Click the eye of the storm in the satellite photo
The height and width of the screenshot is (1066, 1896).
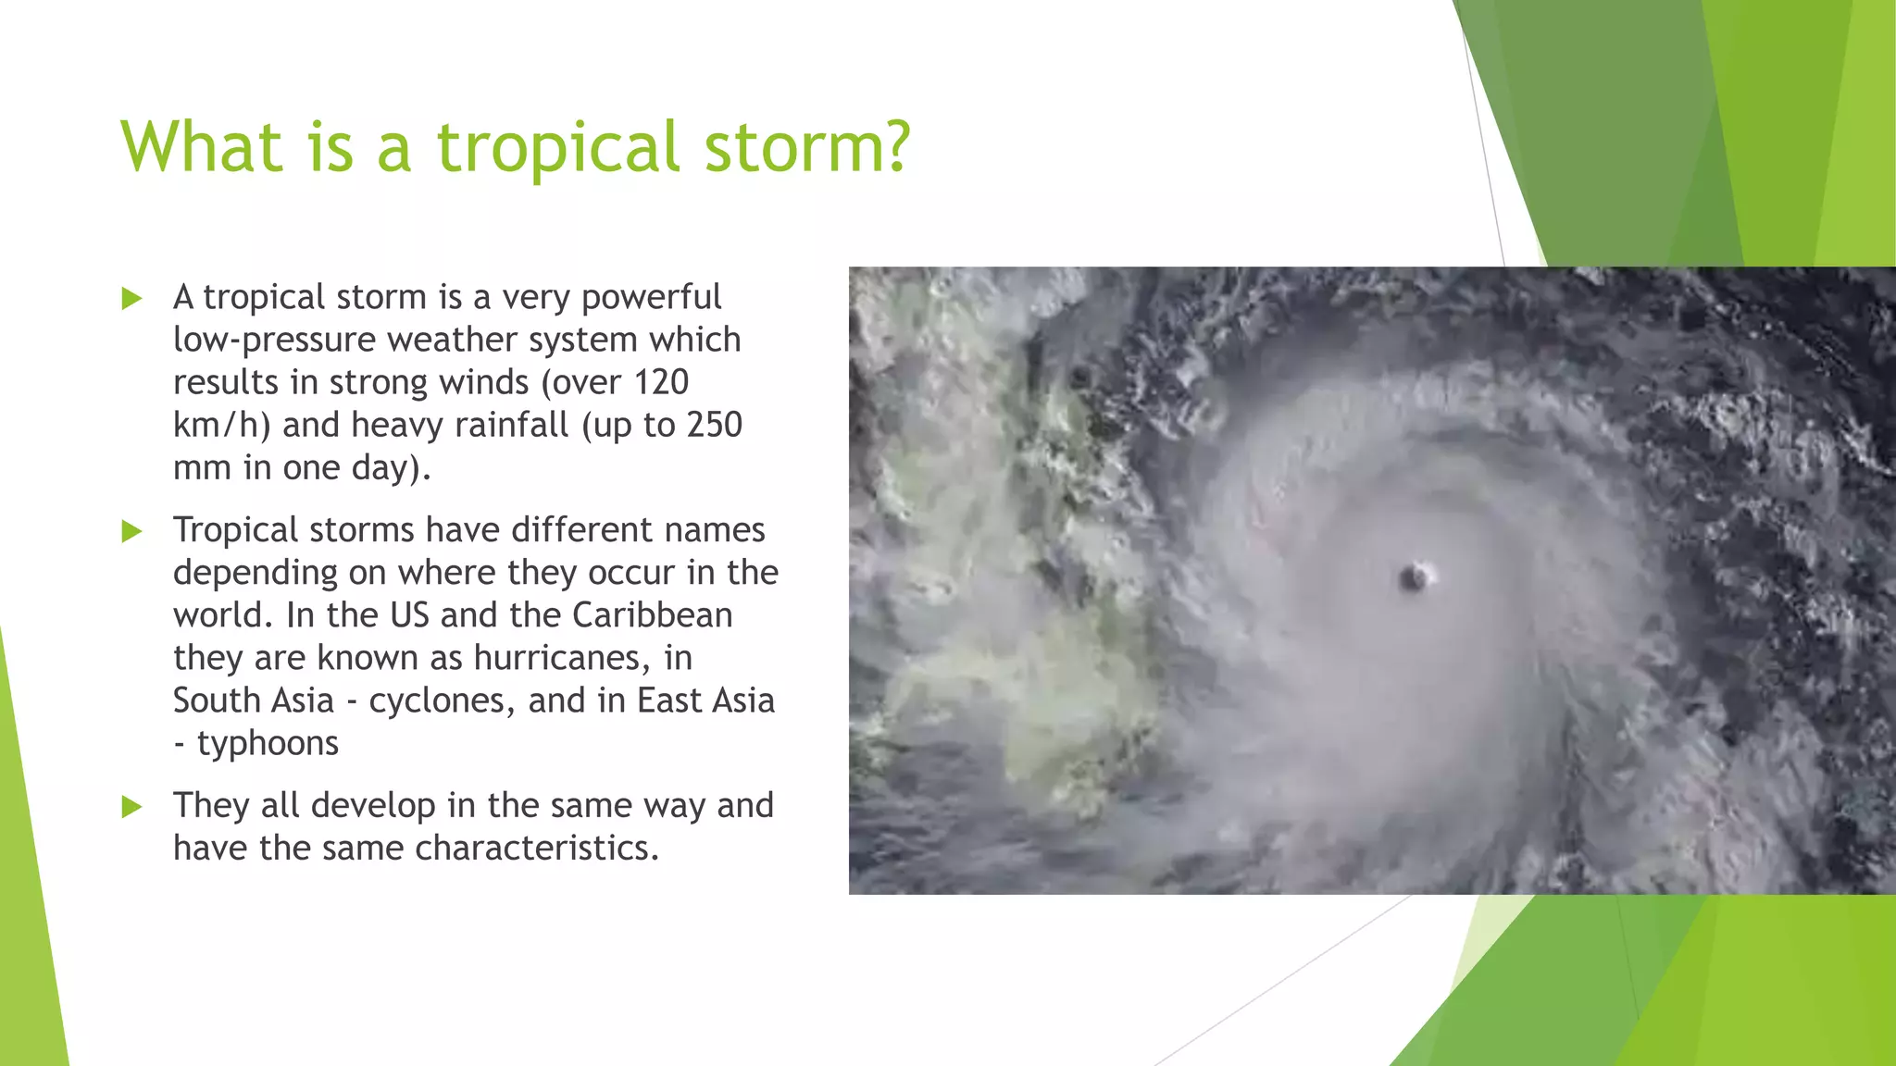[1414, 578]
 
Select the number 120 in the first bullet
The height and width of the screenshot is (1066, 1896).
[661, 382]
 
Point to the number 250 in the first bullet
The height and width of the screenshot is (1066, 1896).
[714, 425]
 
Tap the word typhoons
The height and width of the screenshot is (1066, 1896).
[268, 743]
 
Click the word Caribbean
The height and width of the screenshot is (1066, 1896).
[652, 615]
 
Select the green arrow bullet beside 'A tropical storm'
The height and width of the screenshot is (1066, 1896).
[132, 298]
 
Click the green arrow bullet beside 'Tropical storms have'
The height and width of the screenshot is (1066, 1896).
[132, 531]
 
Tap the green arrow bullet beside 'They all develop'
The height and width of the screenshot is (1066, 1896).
[132, 807]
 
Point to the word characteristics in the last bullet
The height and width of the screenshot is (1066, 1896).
[537, 848]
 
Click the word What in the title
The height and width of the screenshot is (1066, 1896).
[201, 147]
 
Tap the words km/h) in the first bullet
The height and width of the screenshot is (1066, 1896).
[221, 425]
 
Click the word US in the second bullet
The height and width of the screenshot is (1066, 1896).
[409, 615]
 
